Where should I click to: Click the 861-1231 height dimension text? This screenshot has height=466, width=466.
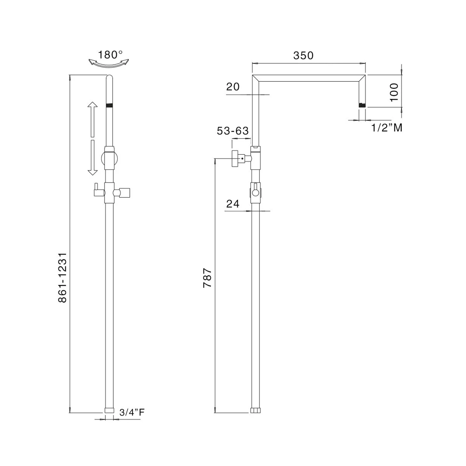(x=62, y=277)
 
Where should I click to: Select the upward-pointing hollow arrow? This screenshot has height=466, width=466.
(x=92, y=119)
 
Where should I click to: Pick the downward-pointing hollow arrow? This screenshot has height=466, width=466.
(x=92, y=158)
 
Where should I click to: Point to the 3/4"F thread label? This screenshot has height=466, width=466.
(x=132, y=412)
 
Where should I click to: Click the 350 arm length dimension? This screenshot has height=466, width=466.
(x=303, y=56)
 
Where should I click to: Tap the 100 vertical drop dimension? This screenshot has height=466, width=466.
(x=394, y=92)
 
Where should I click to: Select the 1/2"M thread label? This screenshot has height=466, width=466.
(x=387, y=127)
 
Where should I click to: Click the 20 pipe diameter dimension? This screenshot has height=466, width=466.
(x=233, y=87)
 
